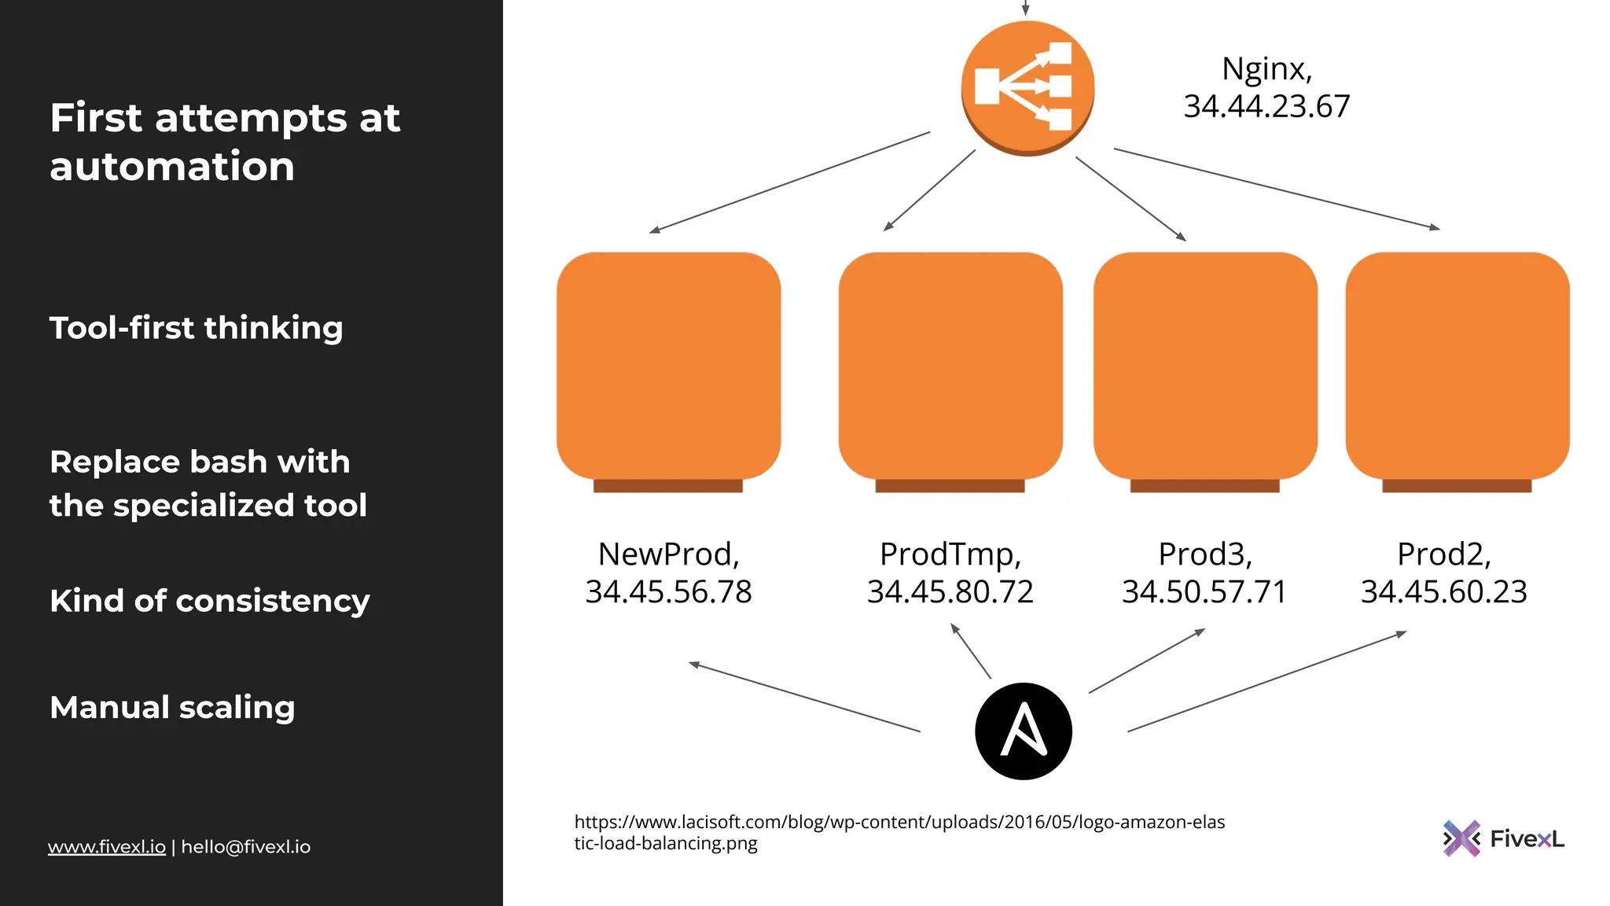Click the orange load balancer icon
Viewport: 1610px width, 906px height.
tap(1027, 87)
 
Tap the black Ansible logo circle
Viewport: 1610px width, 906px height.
tap(1023, 731)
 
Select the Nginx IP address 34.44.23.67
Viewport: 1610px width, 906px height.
tap(1266, 107)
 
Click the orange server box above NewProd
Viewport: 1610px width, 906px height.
tap(668, 366)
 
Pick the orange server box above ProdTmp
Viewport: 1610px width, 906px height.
tap(950, 366)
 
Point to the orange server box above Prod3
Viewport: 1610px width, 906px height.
tap(1205, 366)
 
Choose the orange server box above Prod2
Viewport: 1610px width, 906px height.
tap(1457, 366)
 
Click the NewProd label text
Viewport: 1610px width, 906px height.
tap(668, 554)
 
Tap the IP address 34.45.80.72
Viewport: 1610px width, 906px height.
tap(950, 592)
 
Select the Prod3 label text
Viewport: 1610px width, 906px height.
tap(1204, 554)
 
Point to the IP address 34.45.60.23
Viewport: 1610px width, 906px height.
tap(1443, 592)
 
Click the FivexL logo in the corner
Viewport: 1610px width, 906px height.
tap(1503, 838)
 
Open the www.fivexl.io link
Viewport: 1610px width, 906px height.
tap(107, 847)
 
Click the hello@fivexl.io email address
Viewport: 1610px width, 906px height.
tap(246, 847)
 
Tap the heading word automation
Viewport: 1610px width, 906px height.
tap(172, 167)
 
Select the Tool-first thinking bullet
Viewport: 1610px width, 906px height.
tap(197, 328)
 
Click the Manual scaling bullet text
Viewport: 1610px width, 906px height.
tap(172, 707)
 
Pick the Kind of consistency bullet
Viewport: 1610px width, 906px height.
tap(209, 601)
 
